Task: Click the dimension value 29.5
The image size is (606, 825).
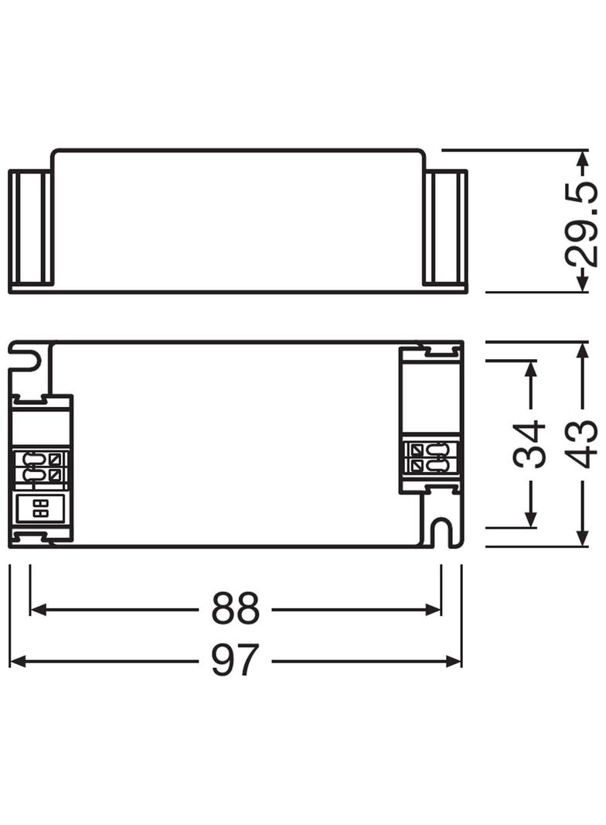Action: (582, 224)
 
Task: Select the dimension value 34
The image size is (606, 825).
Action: (529, 444)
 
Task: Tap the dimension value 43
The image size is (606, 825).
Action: (583, 444)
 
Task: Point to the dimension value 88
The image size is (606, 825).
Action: (235, 609)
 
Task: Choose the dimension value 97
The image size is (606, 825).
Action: (235, 660)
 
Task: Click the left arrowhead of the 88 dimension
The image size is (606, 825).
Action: (39, 609)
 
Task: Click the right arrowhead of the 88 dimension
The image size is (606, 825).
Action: (433, 609)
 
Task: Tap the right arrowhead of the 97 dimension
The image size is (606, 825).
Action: (454, 661)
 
